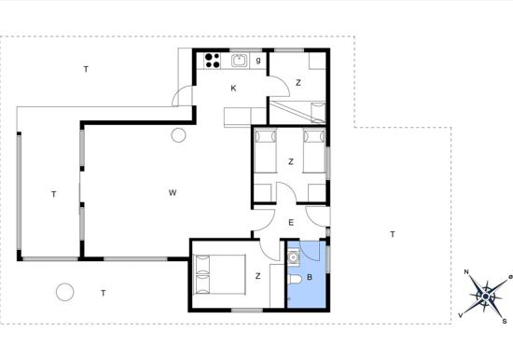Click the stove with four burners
coord(213,61)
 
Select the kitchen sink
coord(240,61)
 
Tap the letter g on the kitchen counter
coord(258,61)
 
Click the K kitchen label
coord(233,88)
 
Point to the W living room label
coord(173,192)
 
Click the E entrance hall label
coord(291,223)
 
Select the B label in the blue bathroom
coord(310,277)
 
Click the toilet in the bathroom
coord(297,279)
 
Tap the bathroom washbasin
coord(294,256)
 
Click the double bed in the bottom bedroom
coord(219,274)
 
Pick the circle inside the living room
coord(179,135)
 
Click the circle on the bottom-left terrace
coord(64,292)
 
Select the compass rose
coord(486,297)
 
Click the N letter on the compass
coord(466,272)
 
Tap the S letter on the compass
coord(505,321)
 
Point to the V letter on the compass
coord(461,315)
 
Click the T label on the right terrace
coord(393,234)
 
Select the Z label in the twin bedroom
coord(291,161)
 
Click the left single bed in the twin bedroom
coord(265,150)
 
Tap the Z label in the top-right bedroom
coord(298,83)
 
